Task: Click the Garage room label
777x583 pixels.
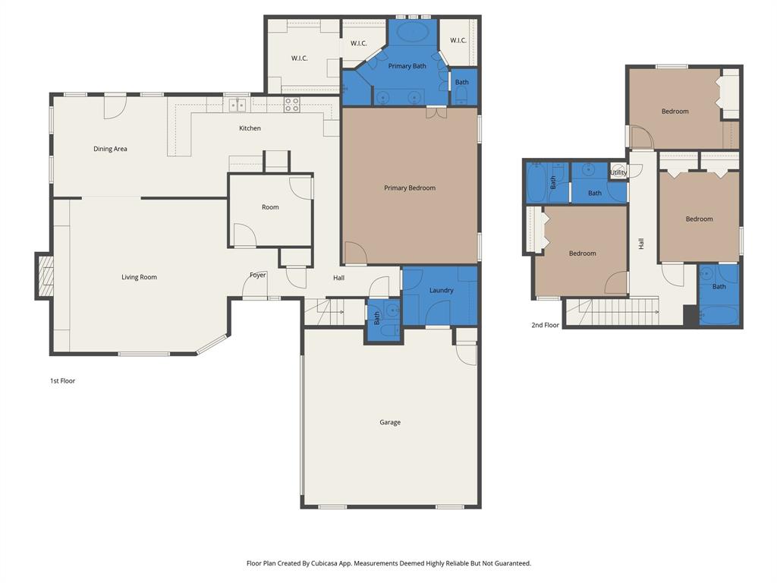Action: tap(390, 422)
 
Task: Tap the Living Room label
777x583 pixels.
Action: tap(139, 277)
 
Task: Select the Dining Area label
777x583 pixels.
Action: tap(110, 149)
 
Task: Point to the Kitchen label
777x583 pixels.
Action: tap(250, 128)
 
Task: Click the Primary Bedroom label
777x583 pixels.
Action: tap(410, 188)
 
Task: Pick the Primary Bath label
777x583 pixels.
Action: tap(407, 66)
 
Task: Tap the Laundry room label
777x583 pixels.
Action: tap(441, 290)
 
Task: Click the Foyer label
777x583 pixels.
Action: tap(258, 275)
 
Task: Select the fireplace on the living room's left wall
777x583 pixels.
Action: tap(45, 276)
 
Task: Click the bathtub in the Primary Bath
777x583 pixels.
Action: tap(413, 32)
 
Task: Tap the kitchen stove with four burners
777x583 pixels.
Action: tap(292, 105)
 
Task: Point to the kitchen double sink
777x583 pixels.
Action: tap(238, 105)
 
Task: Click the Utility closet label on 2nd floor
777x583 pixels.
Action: tap(618, 172)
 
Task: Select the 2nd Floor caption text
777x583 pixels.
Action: tap(545, 325)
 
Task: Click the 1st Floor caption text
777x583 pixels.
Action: tap(63, 380)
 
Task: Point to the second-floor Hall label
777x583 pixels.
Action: tap(641, 244)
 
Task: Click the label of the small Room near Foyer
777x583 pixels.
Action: tap(270, 207)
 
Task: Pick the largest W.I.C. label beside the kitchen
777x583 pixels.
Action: tap(300, 58)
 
